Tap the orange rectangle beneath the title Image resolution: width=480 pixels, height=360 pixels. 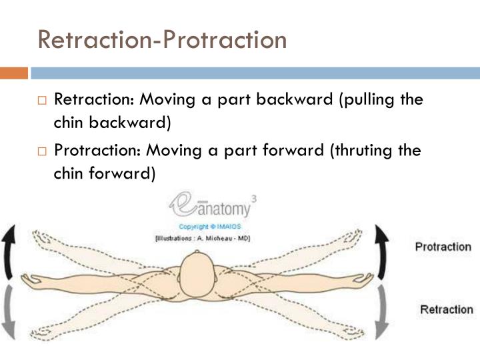pos(13,73)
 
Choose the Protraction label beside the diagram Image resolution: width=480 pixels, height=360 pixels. pos(443,247)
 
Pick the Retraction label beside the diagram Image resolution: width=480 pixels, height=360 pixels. pos(446,310)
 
